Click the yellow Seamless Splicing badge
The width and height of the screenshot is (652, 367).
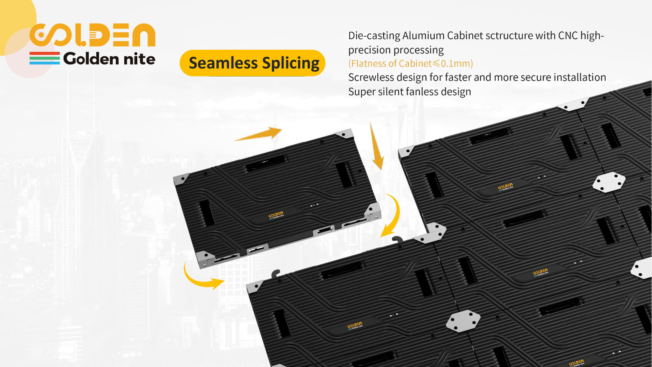[252, 63]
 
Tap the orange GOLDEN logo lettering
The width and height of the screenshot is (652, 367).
[93, 35]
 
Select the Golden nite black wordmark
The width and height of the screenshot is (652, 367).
[109, 59]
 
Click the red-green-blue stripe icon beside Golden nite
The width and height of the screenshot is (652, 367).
[44, 58]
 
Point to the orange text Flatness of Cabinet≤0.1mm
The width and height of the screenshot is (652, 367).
[410, 63]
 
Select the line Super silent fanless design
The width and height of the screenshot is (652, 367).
[410, 91]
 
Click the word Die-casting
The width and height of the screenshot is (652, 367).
[374, 36]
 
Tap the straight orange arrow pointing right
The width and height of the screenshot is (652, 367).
[258, 134]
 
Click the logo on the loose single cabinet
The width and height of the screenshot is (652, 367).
[276, 215]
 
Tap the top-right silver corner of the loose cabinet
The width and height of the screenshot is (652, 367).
[344, 134]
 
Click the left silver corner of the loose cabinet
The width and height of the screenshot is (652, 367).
[181, 179]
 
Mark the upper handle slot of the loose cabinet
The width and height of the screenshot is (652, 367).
[266, 163]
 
